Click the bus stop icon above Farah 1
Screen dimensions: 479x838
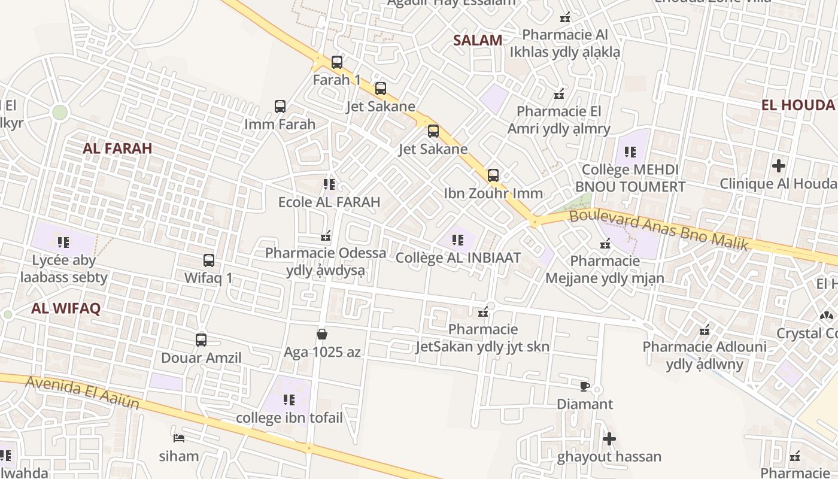point(337,62)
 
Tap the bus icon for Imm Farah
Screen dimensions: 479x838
point(280,107)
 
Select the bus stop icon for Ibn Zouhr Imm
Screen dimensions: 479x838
point(493,175)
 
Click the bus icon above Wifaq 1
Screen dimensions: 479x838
point(208,260)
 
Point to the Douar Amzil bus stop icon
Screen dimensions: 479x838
point(201,340)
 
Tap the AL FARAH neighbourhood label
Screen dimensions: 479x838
point(117,148)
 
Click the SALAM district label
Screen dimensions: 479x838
point(477,40)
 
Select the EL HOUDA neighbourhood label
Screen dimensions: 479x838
point(797,105)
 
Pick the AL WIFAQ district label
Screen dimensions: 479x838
point(66,308)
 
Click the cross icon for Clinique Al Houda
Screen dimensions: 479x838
point(778,165)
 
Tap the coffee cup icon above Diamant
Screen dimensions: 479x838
point(585,386)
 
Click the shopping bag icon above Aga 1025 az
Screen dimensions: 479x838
point(322,334)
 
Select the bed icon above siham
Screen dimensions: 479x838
point(178,438)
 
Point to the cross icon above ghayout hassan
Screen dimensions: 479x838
point(609,439)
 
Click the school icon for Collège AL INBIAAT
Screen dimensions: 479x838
point(458,240)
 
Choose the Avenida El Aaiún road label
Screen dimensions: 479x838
point(83,392)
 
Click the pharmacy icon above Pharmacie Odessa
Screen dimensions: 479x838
point(326,235)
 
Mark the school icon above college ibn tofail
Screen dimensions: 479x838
point(289,399)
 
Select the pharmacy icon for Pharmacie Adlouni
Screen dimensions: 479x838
point(705,329)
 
